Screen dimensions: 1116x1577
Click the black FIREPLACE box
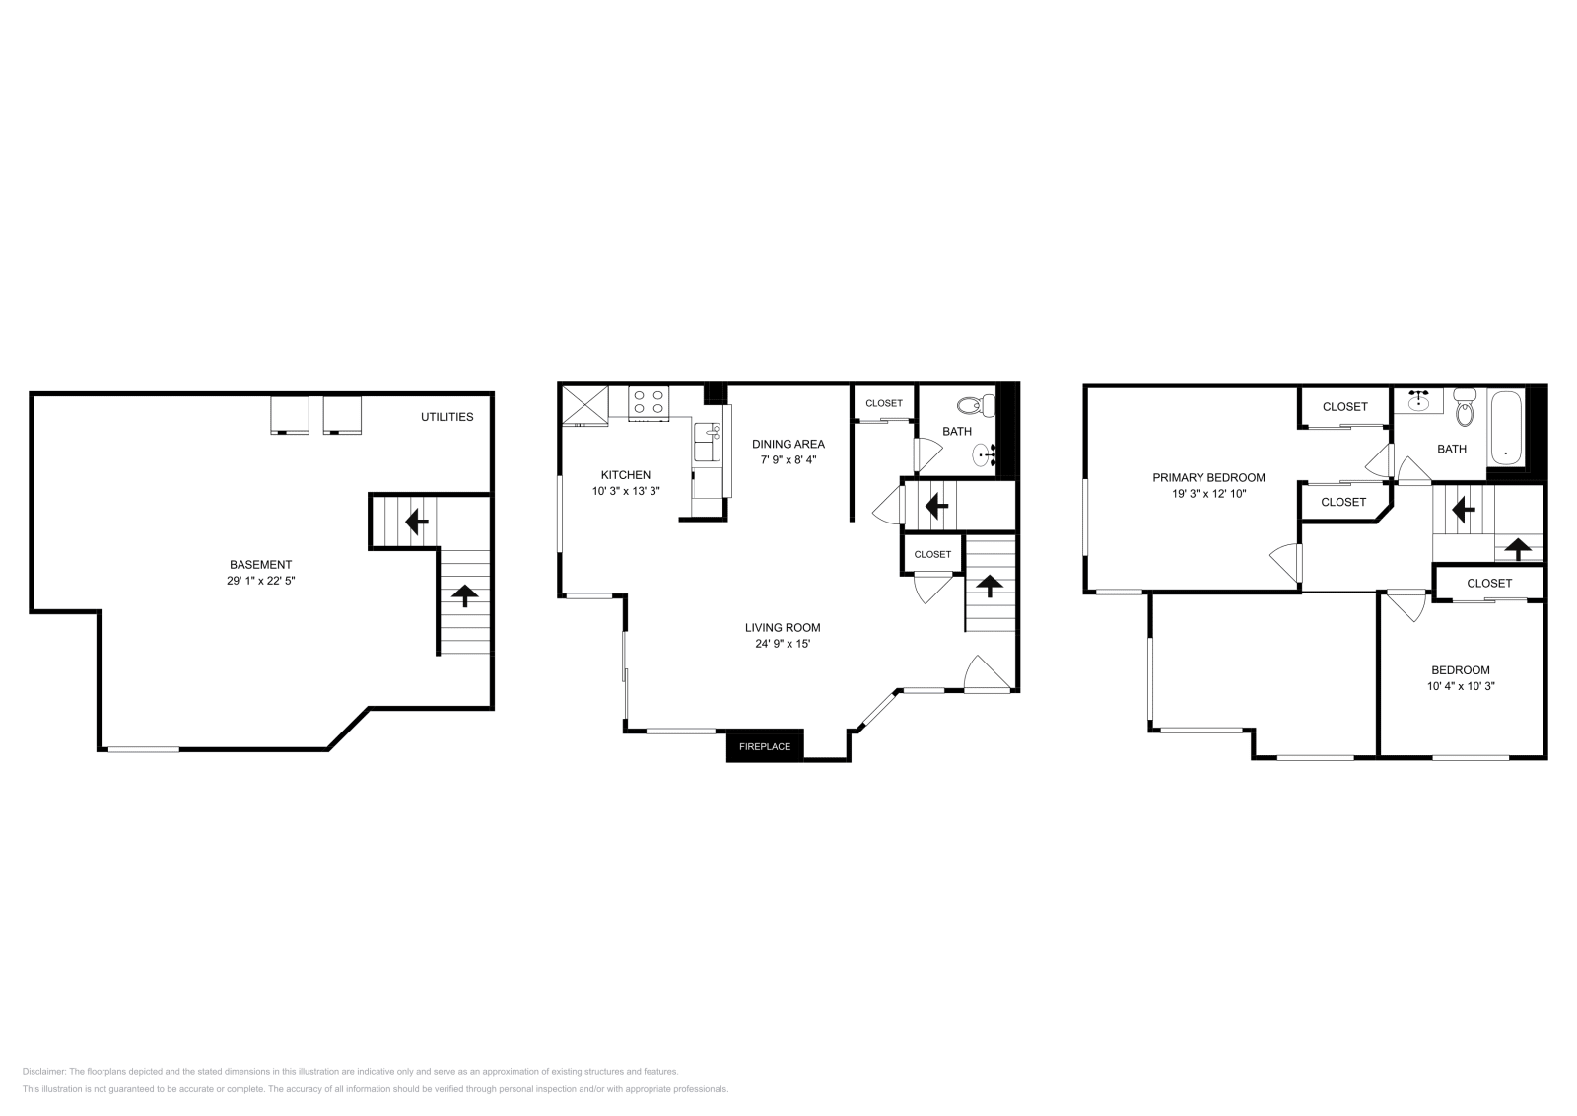pyautogui.click(x=765, y=746)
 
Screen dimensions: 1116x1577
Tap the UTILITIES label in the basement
pyautogui.click(x=446, y=417)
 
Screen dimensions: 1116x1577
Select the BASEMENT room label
pyautogui.click(x=260, y=565)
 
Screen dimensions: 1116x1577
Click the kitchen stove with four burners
pyautogui.click(x=649, y=402)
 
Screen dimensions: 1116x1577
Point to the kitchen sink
pyautogui.click(x=707, y=444)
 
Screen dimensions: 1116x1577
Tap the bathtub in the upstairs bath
pyautogui.click(x=1505, y=429)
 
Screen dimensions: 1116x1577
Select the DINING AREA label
pyautogui.click(x=788, y=444)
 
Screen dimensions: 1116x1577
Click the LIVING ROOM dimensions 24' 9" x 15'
pyautogui.click(x=782, y=644)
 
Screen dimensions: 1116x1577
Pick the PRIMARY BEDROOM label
pyautogui.click(x=1208, y=478)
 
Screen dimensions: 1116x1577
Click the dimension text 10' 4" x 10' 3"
pyautogui.click(x=1461, y=686)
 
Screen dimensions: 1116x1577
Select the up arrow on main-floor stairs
pyautogui.click(x=988, y=586)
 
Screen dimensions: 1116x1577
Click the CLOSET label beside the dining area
pyautogui.click(x=884, y=403)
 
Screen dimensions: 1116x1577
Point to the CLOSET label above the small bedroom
pyautogui.click(x=1488, y=584)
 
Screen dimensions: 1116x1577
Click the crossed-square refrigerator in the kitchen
pyautogui.click(x=584, y=404)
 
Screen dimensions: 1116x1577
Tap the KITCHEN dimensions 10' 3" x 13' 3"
pyautogui.click(x=625, y=491)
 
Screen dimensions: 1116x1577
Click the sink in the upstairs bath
pyautogui.click(x=1419, y=399)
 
